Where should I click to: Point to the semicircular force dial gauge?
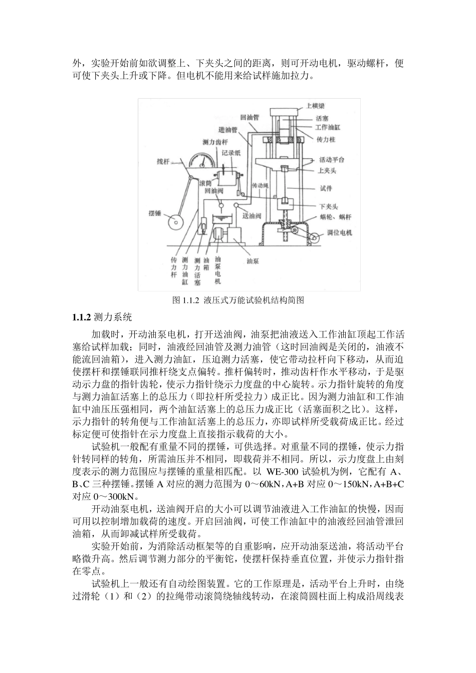click(202, 159)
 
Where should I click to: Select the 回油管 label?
click(249, 117)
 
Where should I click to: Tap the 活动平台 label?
click(332, 160)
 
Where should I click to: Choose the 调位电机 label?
click(340, 233)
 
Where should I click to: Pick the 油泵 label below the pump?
click(253, 260)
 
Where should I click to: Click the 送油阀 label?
click(252, 216)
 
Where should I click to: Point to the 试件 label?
click(326, 189)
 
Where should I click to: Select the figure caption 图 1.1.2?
click(238, 300)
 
